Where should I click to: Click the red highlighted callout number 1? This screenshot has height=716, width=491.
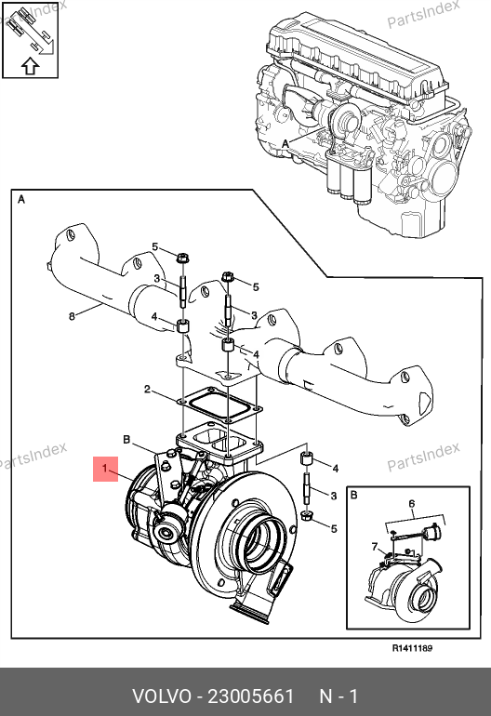click(105, 469)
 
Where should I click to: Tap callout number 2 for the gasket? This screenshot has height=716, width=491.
click(147, 389)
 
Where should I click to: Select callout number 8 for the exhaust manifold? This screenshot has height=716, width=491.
click(72, 316)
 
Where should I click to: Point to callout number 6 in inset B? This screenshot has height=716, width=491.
click(412, 504)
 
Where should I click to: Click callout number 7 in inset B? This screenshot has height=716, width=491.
click(375, 546)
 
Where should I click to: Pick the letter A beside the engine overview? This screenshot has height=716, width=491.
click(285, 144)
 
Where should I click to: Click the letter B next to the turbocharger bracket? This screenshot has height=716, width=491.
click(126, 440)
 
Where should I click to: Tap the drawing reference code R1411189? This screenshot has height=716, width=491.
click(413, 648)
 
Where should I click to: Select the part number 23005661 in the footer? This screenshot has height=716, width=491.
click(251, 696)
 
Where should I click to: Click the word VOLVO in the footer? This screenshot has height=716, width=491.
click(162, 696)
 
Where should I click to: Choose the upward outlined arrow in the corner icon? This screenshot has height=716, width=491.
click(30, 66)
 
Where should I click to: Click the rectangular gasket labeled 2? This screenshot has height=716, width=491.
click(219, 404)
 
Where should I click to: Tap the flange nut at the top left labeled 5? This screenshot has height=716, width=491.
click(182, 259)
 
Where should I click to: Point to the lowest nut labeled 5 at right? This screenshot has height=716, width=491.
click(307, 517)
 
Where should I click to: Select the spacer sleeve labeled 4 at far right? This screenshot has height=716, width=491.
click(306, 458)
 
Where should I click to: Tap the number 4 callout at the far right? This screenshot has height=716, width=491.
click(336, 468)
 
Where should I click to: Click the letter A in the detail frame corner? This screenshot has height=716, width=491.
click(21, 200)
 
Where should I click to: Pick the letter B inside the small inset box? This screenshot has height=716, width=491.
click(354, 495)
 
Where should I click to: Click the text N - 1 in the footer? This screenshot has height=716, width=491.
click(338, 696)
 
